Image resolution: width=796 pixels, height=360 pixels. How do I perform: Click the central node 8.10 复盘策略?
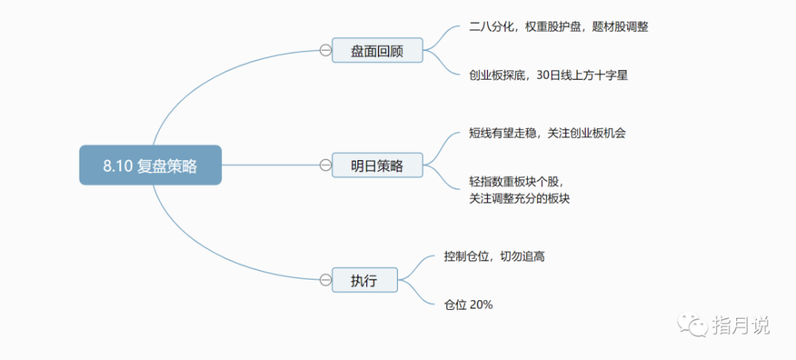pyautogui.click(x=150, y=165)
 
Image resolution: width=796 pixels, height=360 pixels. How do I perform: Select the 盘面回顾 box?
pyautogui.click(x=377, y=50)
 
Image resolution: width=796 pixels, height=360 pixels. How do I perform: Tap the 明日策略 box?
pyautogui.click(x=377, y=165)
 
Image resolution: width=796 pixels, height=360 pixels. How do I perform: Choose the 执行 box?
pyautogui.click(x=365, y=280)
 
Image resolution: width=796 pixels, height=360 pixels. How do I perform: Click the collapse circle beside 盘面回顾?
pyautogui.click(x=326, y=50)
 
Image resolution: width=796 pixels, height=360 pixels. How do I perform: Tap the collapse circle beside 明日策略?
pyautogui.click(x=326, y=165)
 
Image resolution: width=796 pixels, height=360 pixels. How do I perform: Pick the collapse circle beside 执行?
pyautogui.click(x=326, y=280)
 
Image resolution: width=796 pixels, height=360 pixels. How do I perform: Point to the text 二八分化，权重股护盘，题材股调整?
pyautogui.click(x=559, y=27)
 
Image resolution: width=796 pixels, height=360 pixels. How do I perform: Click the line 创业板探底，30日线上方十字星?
pyautogui.click(x=548, y=76)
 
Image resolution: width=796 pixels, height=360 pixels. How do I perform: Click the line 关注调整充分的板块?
pyautogui.click(x=519, y=198)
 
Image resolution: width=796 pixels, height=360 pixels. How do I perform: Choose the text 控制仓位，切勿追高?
pyautogui.click(x=494, y=257)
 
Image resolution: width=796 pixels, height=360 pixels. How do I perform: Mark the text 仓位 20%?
pyautogui.click(x=469, y=305)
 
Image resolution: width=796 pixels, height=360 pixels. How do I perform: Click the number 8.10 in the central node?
pyautogui.click(x=119, y=166)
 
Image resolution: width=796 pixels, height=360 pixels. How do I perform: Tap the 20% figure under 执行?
pyautogui.click(x=482, y=305)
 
